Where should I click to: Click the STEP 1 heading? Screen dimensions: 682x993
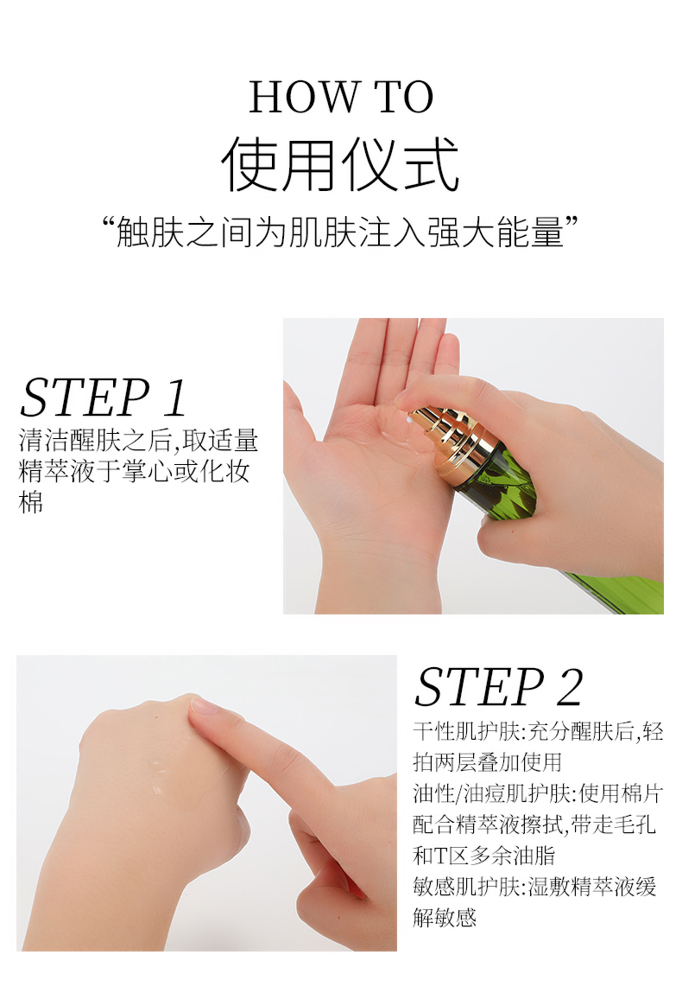(103, 398)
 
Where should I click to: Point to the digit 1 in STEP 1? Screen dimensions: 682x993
(174, 398)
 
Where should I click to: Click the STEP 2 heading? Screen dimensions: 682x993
(498, 686)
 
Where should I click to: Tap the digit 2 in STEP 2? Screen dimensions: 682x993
(570, 687)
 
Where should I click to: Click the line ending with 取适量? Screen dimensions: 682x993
(138, 441)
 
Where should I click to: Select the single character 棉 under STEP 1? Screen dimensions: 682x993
(31, 503)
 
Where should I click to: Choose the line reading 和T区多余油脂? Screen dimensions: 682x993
(484, 856)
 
